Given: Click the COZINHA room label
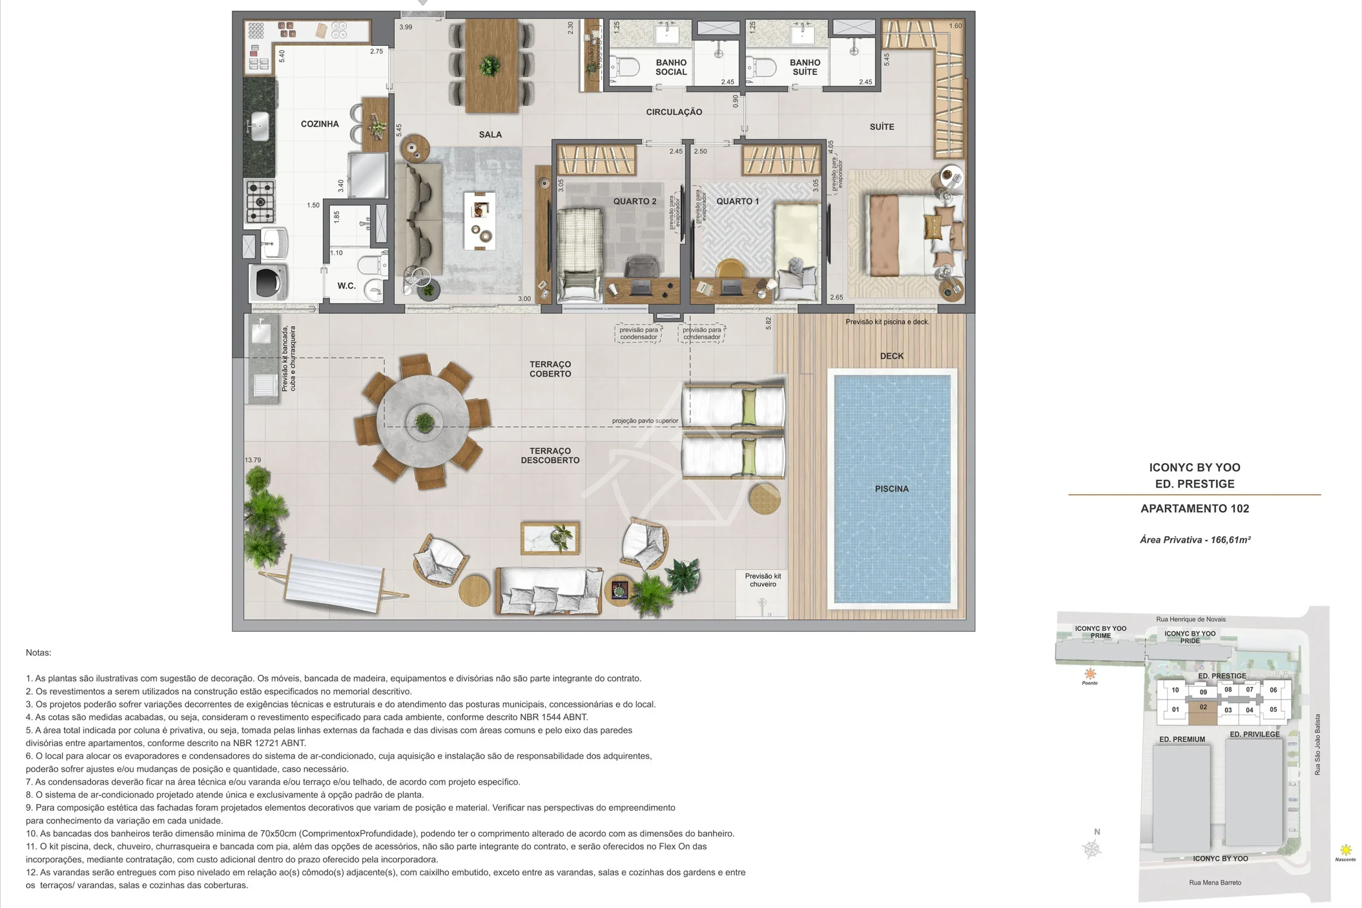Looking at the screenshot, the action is click(x=320, y=124).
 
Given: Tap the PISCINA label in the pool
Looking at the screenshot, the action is click(x=892, y=489).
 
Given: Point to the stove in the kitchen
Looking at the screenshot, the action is click(x=260, y=202).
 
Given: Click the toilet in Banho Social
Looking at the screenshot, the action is click(x=626, y=67).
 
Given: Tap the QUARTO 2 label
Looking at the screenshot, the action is click(x=635, y=202).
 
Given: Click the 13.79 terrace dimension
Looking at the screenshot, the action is click(x=253, y=460).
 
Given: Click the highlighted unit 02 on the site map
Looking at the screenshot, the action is click(x=1203, y=712).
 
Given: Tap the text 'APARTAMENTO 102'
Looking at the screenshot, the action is click(x=1194, y=509).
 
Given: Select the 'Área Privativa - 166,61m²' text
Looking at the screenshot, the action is click(x=1195, y=540).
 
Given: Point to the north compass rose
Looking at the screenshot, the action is click(x=1092, y=849).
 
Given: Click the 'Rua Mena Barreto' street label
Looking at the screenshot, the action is click(x=1215, y=882).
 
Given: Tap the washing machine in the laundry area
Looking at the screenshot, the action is click(x=268, y=282).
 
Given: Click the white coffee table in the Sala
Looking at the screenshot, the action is click(x=479, y=221).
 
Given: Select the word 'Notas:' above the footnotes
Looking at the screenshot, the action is click(x=38, y=653).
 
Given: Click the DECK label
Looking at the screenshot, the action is click(x=892, y=356).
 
